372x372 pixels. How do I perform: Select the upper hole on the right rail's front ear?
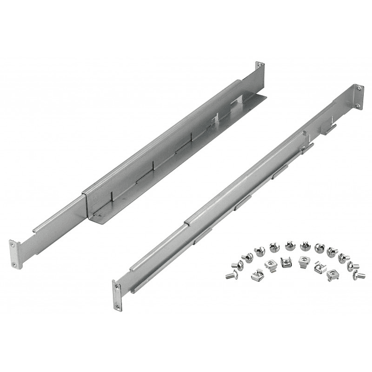[x=116, y=286]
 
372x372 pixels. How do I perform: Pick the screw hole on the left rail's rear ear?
[x=260, y=66]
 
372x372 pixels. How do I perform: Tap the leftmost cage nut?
[x=256, y=275]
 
